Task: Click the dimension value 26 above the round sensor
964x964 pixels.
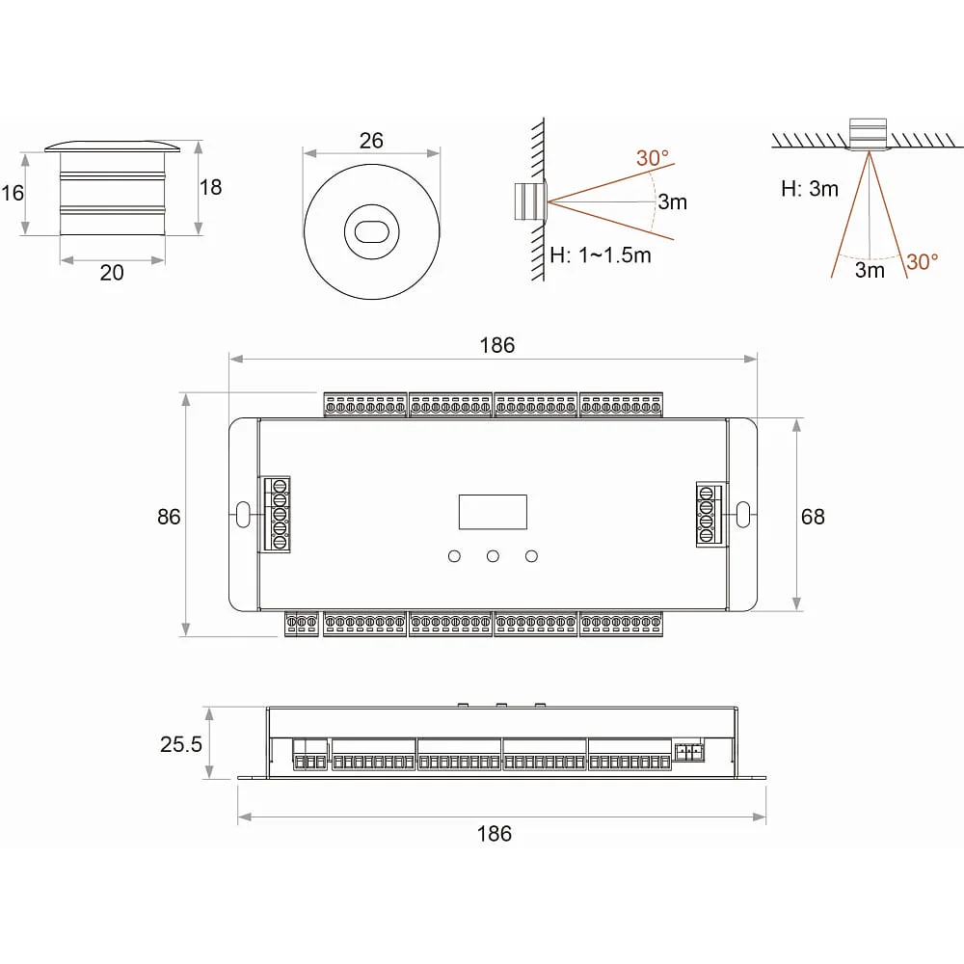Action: pyautogui.click(x=371, y=140)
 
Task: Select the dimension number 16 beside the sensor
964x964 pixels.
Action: pyautogui.click(x=13, y=193)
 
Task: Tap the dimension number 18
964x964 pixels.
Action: pyautogui.click(x=210, y=187)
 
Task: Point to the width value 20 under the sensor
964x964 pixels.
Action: pyautogui.click(x=112, y=273)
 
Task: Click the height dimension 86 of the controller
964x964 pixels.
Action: pyautogui.click(x=169, y=517)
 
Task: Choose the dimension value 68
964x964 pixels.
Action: pyautogui.click(x=813, y=517)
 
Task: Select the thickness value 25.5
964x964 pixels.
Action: pyautogui.click(x=181, y=744)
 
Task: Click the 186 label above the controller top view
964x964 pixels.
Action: pyautogui.click(x=496, y=345)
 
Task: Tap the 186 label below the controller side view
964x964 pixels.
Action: pyautogui.click(x=495, y=834)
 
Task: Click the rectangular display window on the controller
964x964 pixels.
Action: pyautogui.click(x=493, y=512)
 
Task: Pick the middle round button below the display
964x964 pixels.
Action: pyautogui.click(x=493, y=556)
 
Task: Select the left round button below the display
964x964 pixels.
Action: pyautogui.click(x=454, y=556)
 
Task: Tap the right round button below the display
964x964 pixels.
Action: pyautogui.click(x=532, y=556)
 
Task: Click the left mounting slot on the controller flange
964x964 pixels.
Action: pyautogui.click(x=243, y=515)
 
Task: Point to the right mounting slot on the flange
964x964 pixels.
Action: pyautogui.click(x=743, y=515)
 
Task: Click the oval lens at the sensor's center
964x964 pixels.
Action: pyautogui.click(x=371, y=231)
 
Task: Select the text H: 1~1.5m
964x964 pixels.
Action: pyautogui.click(x=601, y=254)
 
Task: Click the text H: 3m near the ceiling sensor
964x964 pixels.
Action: pyautogui.click(x=810, y=189)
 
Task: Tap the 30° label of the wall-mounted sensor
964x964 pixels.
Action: pyautogui.click(x=653, y=158)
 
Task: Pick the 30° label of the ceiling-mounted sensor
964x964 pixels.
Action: pyautogui.click(x=923, y=262)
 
